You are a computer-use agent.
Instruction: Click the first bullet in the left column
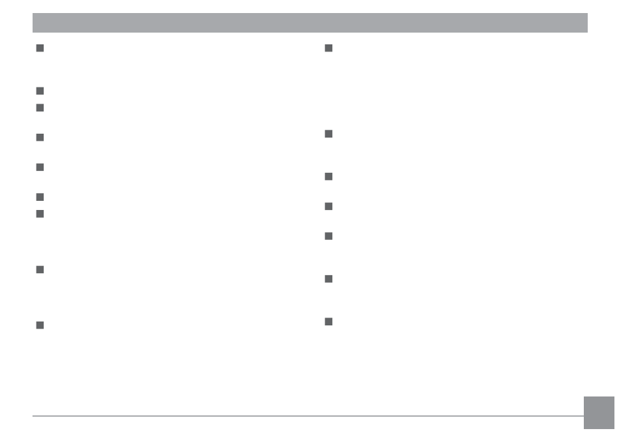click(x=40, y=48)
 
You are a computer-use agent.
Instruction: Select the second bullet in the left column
click(x=40, y=91)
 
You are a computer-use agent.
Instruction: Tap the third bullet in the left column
click(x=40, y=108)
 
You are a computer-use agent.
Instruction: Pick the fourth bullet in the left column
click(x=40, y=138)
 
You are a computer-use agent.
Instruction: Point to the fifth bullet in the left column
click(x=40, y=168)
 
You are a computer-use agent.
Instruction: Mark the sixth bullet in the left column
click(x=40, y=197)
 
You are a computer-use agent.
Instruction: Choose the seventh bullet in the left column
click(x=40, y=214)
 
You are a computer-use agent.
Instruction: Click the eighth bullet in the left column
click(x=40, y=269)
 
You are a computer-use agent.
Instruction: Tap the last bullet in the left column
click(x=40, y=325)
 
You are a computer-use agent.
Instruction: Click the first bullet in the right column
click(x=328, y=48)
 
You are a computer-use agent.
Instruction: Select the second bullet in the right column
click(x=328, y=134)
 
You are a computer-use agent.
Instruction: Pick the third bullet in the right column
click(x=328, y=177)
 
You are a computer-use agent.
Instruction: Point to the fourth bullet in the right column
click(x=328, y=207)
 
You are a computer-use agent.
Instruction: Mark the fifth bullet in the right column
click(x=328, y=236)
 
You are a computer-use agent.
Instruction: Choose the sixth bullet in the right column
click(x=328, y=279)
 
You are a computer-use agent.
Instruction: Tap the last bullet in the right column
click(x=328, y=321)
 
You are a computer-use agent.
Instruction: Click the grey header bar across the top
click(x=309, y=23)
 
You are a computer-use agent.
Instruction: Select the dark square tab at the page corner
click(x=599, y=413)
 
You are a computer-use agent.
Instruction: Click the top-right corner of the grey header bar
click(x=586, y=14)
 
